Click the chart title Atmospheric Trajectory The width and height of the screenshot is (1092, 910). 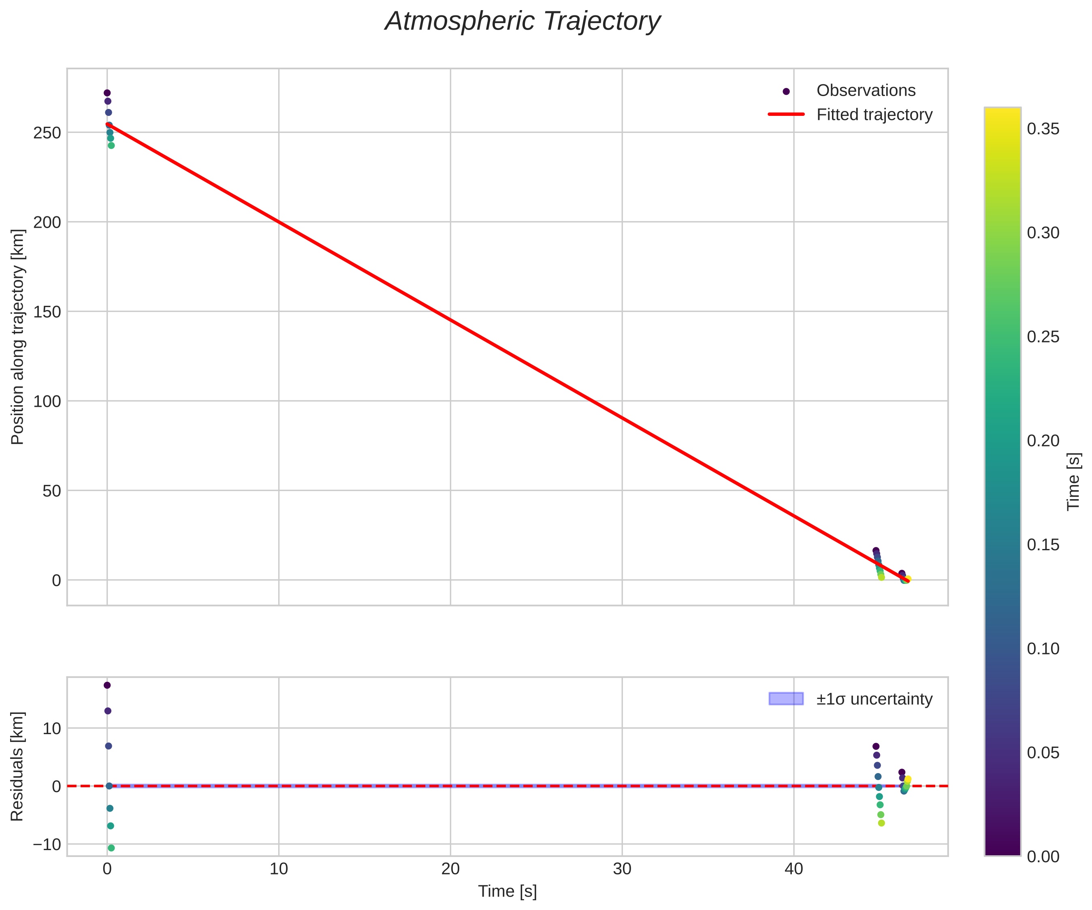[522, 22]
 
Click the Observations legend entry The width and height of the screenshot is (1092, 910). [865, 90]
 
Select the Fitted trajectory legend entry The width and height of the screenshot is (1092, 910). [874, 115]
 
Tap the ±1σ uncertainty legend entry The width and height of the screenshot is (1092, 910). [874, 699]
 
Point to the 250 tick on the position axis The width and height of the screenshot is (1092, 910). [47, 132]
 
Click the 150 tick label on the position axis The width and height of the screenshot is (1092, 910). [47, 312]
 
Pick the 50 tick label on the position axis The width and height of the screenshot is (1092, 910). [52, 491]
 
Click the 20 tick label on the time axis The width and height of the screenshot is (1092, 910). [450, 869]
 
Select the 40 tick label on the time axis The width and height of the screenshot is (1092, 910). [793, 869]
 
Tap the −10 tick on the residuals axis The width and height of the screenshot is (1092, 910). [47, 844]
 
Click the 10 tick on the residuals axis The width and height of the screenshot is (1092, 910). [52, 728]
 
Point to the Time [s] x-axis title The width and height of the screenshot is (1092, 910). [508, 891]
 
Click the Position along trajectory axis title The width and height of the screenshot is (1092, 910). [18, 337]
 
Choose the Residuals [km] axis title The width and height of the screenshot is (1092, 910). [18, 767]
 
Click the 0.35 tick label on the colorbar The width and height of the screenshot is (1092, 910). [1043, 129]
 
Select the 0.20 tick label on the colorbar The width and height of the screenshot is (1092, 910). [1043, 441]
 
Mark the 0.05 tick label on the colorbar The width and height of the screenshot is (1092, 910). [1043, 753]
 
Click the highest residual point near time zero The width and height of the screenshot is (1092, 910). [107, 685]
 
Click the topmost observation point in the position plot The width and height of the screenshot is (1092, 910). [107, 93]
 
